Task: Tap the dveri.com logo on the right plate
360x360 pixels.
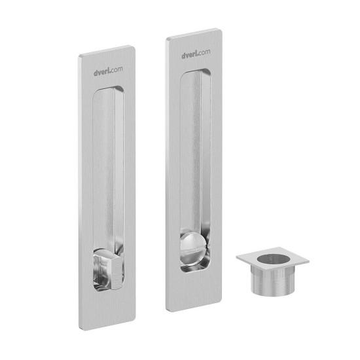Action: coord(196,55)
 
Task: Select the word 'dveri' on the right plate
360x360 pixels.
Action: coord(190,55)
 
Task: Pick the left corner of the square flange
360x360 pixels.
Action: coord(236,258)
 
